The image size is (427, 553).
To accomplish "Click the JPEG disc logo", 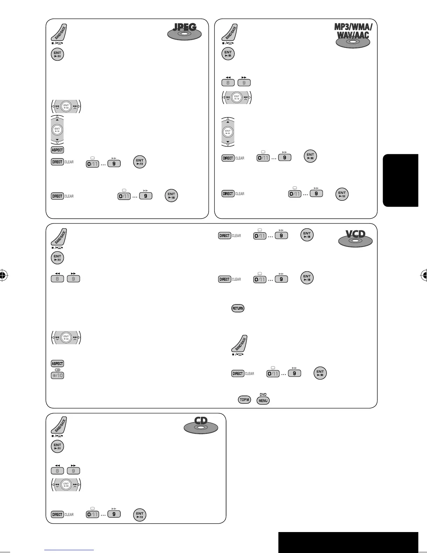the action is click(x=185, y=32).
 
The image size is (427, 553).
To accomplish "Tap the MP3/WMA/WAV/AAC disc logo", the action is click(x=353, y=35).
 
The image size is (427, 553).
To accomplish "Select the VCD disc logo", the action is click(x=355, y=238).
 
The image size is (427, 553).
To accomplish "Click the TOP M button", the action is click(x=244, y=400).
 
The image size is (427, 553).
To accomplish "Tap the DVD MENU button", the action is click(x=263, y=400).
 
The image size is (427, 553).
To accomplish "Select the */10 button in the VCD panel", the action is click(x=58, y=375).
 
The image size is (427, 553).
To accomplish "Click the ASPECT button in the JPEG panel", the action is click(x=57, y=150).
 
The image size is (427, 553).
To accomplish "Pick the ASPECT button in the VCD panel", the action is click(x=57, y=363).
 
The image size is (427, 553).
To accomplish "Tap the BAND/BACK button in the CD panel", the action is click(x=59, y=426).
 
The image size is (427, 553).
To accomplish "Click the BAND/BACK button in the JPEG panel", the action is click(x=59, y=33).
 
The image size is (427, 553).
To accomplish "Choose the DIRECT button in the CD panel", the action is click(x=57, y=514).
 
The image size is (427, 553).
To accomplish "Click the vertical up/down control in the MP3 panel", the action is click(x=228, y=132).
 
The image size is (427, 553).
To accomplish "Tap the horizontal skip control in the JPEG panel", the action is click(x=66, y=106).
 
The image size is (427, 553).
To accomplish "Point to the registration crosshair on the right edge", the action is click(x=424, y=275).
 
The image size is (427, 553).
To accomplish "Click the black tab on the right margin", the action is click(x=400, y=180).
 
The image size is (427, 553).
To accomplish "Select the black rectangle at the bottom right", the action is click(x=348, y=542).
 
